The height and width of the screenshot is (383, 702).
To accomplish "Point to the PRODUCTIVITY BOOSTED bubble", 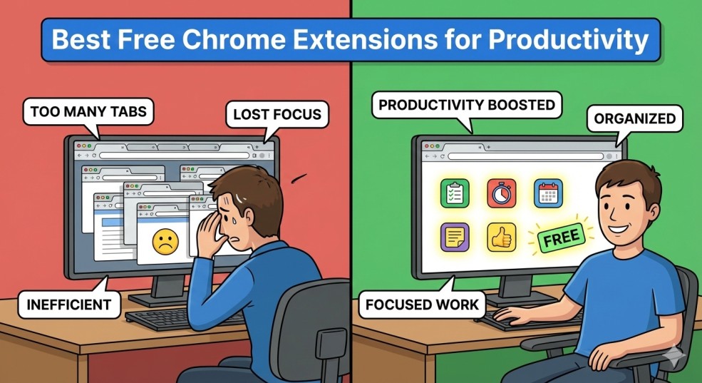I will (x=466, y=105).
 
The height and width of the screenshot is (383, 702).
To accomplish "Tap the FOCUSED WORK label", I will (x=422, y=306).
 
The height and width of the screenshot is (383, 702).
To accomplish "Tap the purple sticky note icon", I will (x=454, y=238).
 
